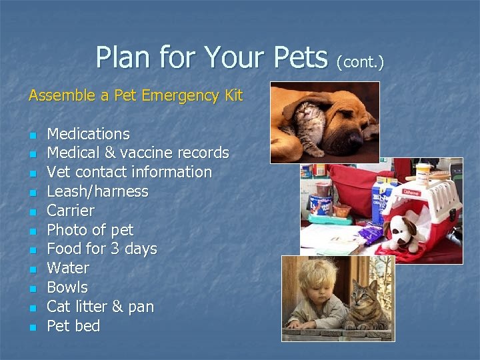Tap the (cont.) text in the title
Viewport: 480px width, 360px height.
[x=361, y=62]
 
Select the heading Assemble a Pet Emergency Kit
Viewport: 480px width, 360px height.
[x=135, y=96]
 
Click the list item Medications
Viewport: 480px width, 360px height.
[x=88, y=134]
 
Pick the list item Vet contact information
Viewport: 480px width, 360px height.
[x=129, y=172]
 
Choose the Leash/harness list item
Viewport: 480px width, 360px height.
[x=97, y=191]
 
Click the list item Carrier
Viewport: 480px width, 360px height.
[x=71, y=211]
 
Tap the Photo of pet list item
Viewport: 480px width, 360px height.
[x=90, y=230]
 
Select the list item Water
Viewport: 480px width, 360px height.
[x=68, y=268]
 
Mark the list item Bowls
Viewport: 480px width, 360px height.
[x=67, y=287]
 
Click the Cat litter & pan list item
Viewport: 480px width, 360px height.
[x=100, y=307]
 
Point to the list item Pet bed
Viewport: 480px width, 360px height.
[x=73, y=326]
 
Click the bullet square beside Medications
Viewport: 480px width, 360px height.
[x=31, y=135]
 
